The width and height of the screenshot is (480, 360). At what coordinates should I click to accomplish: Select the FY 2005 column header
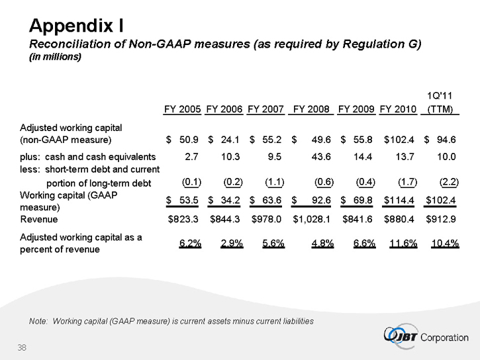point(183,109)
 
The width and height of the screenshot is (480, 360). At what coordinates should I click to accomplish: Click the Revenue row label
point(39,219)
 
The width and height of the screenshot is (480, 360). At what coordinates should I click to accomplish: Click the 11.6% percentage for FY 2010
point(400,243)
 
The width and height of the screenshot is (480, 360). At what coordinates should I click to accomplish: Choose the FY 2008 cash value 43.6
point(321,157)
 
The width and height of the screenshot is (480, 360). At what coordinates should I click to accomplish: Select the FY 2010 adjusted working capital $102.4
point(399,140)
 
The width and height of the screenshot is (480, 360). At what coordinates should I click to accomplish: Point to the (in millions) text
point(54,57)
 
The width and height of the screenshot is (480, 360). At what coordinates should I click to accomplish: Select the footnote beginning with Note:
point(171,321)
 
